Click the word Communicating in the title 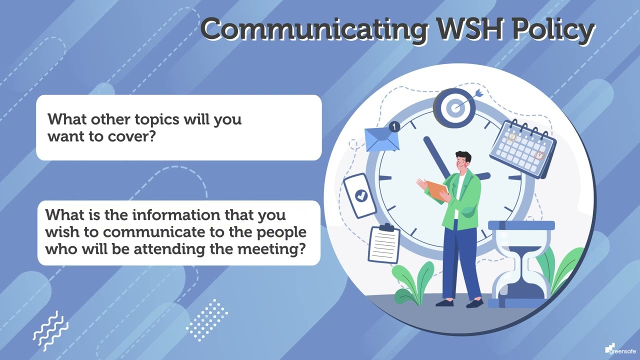pos(314,29)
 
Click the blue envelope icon pos(381,139)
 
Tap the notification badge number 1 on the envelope pos(394,127)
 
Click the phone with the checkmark pos(360,195)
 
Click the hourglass pos(521,264)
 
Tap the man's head pos(463,161)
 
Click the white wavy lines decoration pos(50,330)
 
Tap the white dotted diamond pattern pos(207,320)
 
